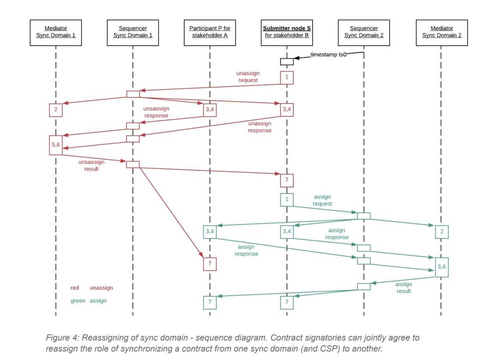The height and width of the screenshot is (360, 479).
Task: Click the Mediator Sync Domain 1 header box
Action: [56, 32]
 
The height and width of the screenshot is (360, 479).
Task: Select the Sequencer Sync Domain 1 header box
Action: [133, 32]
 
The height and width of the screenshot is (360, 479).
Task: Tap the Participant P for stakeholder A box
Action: [210, 32]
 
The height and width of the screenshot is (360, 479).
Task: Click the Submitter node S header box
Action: [287, 32]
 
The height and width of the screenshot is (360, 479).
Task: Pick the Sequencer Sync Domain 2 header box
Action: [364, 32]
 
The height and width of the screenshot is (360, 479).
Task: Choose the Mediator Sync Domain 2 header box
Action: [441, 32]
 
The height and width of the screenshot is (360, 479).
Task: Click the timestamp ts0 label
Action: [328, 55]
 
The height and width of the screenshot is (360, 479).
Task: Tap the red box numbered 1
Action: [287, 78]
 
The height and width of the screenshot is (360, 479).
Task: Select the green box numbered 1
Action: [287, 199]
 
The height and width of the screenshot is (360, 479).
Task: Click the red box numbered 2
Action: [56, 110]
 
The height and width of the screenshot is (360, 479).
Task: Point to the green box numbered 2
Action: [442, 232]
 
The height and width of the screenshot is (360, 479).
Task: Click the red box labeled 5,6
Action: [56, 145]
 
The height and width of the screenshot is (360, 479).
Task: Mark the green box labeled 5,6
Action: [442, 267]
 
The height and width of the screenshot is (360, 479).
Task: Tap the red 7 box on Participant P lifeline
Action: [210, 264]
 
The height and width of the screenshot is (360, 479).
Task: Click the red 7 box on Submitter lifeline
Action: [287, 180]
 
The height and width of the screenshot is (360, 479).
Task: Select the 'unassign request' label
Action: [248, 77]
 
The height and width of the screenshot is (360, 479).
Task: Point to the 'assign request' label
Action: [322, 200]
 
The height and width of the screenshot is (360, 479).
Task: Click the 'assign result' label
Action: [403, 288]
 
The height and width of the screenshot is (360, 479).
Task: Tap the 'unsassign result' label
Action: [91, 165]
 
